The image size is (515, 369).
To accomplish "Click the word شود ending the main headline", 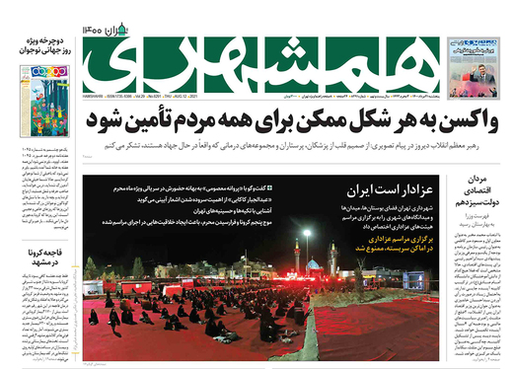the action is pyautogui.click(x=107, y=120).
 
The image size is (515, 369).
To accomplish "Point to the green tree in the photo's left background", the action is pyautogui.click(x=92, y=268).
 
